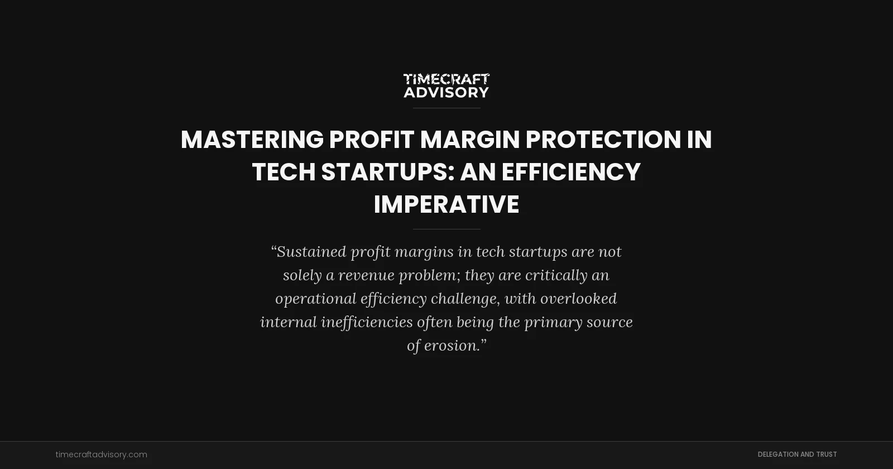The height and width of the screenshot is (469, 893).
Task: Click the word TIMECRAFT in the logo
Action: (446, 79)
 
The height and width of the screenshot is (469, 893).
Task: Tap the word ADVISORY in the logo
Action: (446, 92)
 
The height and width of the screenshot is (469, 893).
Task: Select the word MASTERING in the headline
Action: (252, 140)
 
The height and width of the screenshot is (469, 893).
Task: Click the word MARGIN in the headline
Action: (469, 140)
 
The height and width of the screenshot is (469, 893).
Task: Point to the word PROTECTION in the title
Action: (603, 140)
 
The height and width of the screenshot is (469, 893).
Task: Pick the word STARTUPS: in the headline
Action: (387, 172)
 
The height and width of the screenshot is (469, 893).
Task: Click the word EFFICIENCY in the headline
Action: (570, 172)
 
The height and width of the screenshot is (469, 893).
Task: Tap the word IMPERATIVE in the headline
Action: (446, 204)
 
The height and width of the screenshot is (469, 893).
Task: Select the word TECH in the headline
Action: (284, 172)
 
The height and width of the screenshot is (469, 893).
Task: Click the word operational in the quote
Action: (315, 299)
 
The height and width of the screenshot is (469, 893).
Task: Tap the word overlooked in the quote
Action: (578, 299)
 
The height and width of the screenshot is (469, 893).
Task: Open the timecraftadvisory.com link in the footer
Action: (102, 454)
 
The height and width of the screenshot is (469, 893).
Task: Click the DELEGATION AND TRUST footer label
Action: (797, 454)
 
